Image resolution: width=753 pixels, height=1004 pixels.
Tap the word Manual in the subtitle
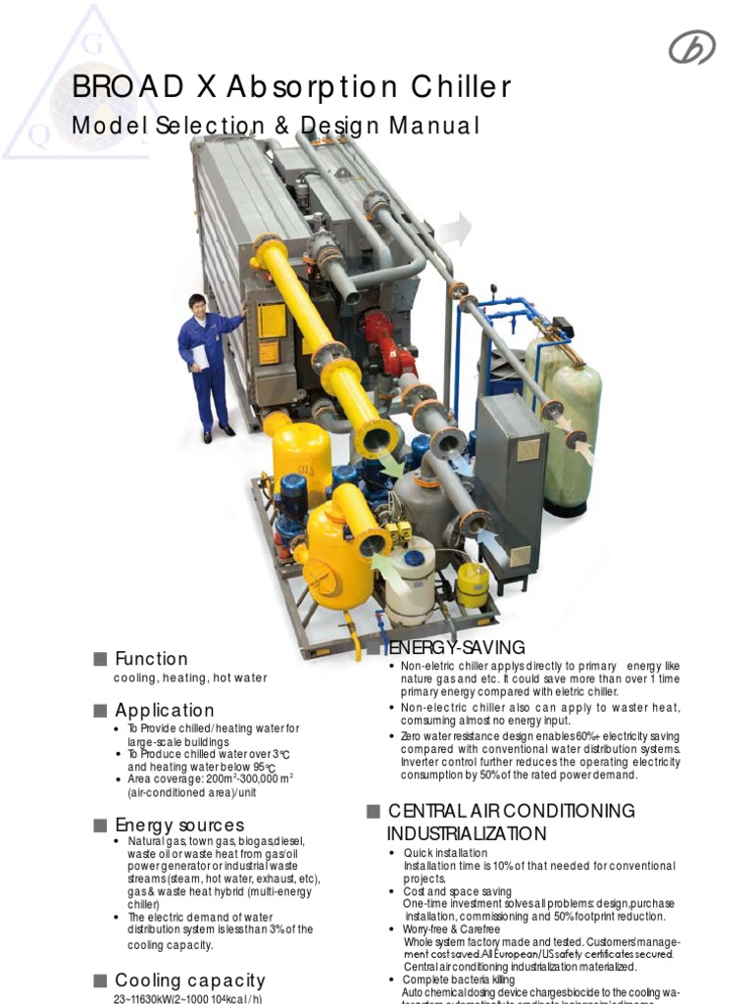click(x=433, y=126)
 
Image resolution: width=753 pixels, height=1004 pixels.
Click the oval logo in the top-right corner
click(x=691, y=47)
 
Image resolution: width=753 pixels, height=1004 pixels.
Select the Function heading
click(x=151, y=659)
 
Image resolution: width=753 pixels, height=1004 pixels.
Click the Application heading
click(x=164, y=710)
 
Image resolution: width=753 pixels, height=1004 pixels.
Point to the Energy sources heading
click(x=179, y=825)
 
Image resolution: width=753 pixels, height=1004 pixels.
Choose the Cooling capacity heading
click(x=190, y=980)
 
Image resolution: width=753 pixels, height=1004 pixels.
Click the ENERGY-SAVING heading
click(x=457, y=648)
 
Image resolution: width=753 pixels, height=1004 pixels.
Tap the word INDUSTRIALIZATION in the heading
click(x=466, y=833)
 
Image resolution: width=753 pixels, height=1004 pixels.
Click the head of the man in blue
click(x=197, y=303)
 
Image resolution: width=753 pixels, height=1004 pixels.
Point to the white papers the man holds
click(x=201, y=356)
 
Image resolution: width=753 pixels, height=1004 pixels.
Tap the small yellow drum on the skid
click(x=473, y=584)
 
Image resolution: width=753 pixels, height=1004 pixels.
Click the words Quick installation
click(x=445, y=854)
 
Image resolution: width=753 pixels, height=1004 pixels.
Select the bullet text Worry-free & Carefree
click(x=451, y=929)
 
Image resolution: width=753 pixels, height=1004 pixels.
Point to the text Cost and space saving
click(x=457, y=891)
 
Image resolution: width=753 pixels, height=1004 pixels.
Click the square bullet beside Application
click(x=99, y=711)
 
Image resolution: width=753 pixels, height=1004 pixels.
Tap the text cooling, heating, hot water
click(x=190, y=678)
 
